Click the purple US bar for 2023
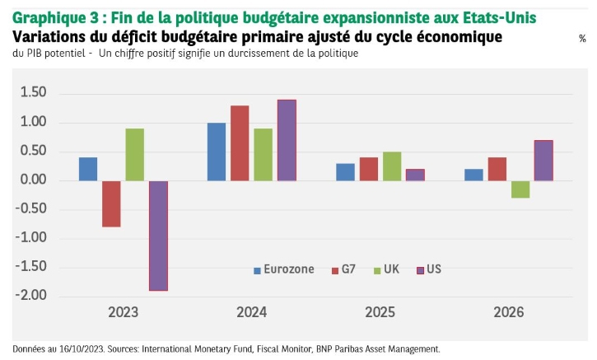158,235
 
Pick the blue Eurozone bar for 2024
217,152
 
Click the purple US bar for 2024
287,140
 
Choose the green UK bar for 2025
391,166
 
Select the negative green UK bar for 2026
519,189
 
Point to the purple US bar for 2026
543,161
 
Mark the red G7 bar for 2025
368,169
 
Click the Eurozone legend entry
283,269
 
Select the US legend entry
429,269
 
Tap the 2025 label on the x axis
380,313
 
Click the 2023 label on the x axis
123,313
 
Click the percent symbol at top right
582,39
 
